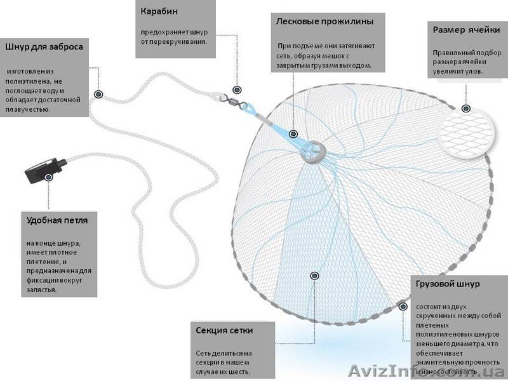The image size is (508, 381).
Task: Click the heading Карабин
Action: click(x=159, y=11)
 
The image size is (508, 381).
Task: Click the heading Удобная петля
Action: click(x=57, y=221)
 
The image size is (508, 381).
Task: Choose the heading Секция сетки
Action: click(x=224, y=331)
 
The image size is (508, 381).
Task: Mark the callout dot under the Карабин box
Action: click(x=237, y=90)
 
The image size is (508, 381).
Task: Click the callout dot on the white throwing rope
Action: click(x=98, y=94)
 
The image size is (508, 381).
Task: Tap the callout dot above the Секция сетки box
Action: click(x=314, y=276)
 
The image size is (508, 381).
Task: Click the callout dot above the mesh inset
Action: click(x=466, y=108)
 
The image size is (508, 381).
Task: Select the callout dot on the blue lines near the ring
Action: click(x=293, y=134)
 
